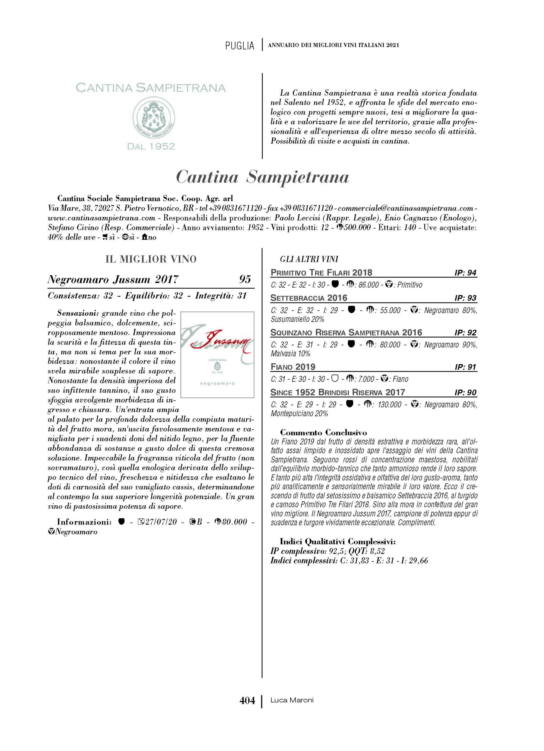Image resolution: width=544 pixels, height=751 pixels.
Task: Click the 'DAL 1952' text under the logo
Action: [151, 146]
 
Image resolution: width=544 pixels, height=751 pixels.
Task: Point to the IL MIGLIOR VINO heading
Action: [151, 259]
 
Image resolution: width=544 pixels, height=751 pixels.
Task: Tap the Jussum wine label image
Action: [217, 354]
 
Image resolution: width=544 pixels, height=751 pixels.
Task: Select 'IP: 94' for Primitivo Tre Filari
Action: [465, 273]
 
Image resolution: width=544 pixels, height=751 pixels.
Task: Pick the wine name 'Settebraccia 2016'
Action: [309, 298]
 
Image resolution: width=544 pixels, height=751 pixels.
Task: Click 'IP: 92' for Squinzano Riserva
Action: [465, 332]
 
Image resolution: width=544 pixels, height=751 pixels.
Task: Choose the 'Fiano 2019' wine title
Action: [293, 367]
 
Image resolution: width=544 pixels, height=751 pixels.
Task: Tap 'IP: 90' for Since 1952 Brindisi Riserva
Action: [465, 393]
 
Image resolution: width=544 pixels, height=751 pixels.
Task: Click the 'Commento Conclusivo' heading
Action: [323, 432]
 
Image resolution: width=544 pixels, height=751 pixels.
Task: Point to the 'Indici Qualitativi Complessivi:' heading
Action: [338, 542]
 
